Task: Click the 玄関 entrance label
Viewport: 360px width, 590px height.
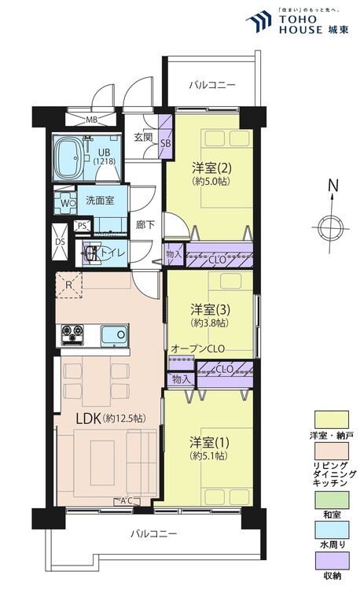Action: (144, 137)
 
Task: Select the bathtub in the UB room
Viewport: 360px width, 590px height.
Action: (69, 158)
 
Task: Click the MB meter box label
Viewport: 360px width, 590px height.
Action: (92, 120)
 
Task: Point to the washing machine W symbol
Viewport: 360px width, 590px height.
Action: (65, 203)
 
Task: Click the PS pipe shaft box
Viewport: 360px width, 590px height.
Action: (83, 226)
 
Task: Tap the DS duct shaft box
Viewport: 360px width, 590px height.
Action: (60, 242)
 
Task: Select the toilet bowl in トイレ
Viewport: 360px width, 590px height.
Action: (90, 253)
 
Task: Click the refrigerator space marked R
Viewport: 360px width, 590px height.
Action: (68, 286)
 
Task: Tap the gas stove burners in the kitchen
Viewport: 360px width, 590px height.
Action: (72, 334)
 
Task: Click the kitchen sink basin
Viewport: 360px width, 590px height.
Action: (115, 334)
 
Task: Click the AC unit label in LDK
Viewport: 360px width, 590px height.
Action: (127, 501)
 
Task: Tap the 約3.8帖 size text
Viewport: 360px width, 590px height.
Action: (210, 323)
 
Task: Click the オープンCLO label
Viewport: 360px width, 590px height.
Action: (197, 348)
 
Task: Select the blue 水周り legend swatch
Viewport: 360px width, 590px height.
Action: (332, 529)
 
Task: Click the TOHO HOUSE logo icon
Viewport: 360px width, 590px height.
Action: (259, 21)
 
